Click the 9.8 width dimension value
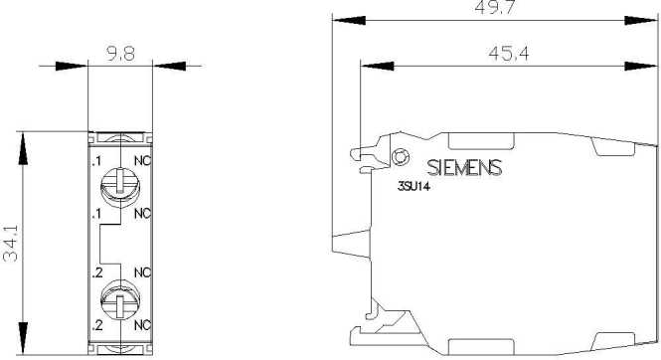(120, 54)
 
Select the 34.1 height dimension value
(11, 243)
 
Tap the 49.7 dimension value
(494, 7)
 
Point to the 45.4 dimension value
(508, 53)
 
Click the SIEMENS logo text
(464, 167)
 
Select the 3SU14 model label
(413, 186)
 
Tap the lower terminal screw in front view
(120, 299)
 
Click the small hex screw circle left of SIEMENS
(400, 157)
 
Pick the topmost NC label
(142, 161)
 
